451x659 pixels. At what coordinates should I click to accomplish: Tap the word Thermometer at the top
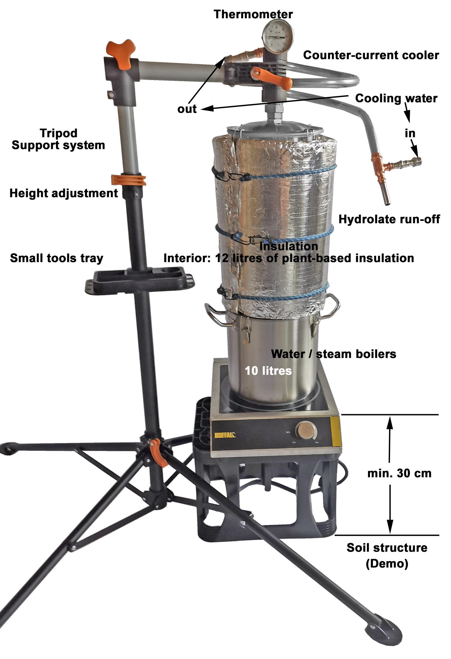pyautogui.click(x=253, y=14)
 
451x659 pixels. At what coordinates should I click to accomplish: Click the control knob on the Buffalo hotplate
pyautogui.click(x=306, y=430)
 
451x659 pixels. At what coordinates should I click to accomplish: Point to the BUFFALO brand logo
pyautogui.click(x=225, y=435)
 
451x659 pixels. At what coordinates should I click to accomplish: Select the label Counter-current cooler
pyautogui.click(x=371, y=55)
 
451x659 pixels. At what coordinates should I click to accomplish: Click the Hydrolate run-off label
pyautogui.click(x=389, y=219)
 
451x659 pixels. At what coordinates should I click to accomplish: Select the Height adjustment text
pyautogui.click(x=64, y=193)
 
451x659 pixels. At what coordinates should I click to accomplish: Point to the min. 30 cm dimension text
pyautogui.click(x=399, y=473)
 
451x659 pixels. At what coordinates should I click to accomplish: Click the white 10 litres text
pyautogui.click(x=268, y=371)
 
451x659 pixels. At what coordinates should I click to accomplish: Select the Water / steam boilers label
pyautogui.click(x=333, y=354)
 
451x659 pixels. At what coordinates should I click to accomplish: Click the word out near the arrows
pyautogui.click(x=187, y=109)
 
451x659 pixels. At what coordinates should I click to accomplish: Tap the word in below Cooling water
pyautogui.click(x=410, y=133)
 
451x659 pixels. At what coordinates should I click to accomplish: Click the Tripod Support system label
pyautogui.click(x=58, y=139)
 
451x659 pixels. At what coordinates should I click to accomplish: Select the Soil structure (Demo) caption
pyautogui.click(x=387, y=555)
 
